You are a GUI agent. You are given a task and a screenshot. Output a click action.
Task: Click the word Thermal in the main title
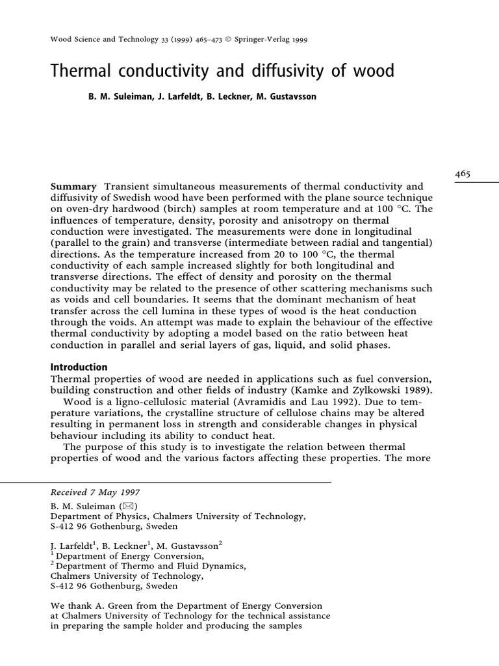(80, 70)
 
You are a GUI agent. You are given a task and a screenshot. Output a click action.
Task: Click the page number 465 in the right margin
(463, 174)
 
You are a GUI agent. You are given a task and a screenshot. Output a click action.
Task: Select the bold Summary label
(73, 187)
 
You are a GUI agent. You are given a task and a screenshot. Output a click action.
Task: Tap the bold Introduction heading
(79, 367)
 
